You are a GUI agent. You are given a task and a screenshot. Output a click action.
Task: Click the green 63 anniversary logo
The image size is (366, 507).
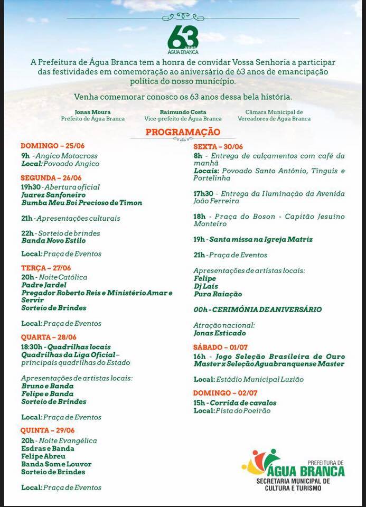[183, 39]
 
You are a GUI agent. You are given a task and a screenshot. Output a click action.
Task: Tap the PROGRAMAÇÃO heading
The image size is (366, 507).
[183, 132]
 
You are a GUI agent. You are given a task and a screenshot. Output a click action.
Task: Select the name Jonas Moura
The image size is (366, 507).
[92, 112]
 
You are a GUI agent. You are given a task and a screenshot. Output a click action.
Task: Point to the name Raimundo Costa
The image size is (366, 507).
[183, 112]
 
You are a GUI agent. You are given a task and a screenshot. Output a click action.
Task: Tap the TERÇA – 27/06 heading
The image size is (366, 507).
[45, 268]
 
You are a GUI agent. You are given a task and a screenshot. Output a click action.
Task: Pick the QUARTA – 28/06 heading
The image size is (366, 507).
[49, 337]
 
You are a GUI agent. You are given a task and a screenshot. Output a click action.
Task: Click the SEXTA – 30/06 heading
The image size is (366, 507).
[218, 146]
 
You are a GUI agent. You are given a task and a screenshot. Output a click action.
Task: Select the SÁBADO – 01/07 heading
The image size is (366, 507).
[220, 347]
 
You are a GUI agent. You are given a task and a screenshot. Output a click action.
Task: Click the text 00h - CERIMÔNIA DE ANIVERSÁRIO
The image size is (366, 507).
[258, 309]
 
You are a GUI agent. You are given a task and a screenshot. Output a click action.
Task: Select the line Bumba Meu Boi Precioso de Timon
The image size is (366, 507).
[81, 203]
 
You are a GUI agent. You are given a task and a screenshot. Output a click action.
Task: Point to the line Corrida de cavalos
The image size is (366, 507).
[242, 403]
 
